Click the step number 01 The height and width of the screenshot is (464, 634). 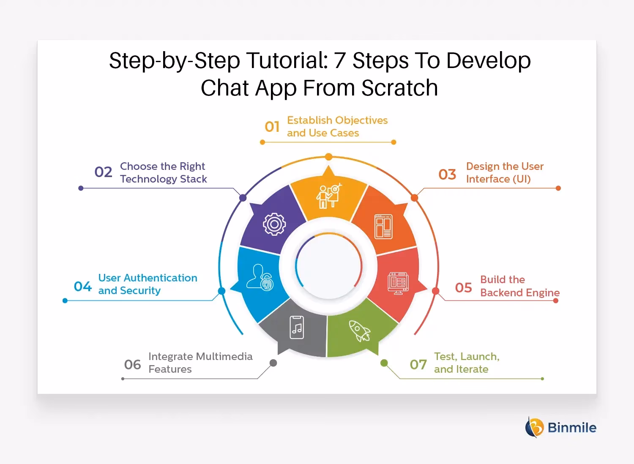coord(272,127)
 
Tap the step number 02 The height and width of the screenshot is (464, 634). coord(104,172)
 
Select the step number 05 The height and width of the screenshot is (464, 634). coord(463,288)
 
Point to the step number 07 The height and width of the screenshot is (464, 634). coord(418,364)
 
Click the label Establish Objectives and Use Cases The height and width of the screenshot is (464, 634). coord(337,127)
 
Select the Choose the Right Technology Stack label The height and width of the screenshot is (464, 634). coord(163,172)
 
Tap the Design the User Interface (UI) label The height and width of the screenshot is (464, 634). coord(504,172)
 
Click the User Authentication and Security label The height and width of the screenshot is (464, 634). coord(148,284)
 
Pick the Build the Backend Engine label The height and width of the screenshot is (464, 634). coord(519,286)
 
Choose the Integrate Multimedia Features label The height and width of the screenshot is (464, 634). coord(200,363)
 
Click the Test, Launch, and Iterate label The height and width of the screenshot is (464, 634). coord(466,363)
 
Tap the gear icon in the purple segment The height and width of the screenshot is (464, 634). coord(274,224)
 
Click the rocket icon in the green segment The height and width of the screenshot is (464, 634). coord(359,330)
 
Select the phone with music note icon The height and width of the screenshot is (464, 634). coord(297,328)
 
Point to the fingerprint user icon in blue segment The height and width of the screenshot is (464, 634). coord(260,278)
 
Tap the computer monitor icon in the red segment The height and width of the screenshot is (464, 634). coord(398,283)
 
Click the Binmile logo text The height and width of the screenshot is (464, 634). coord(571,428)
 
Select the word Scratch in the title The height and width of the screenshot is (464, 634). coord(399,88)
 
